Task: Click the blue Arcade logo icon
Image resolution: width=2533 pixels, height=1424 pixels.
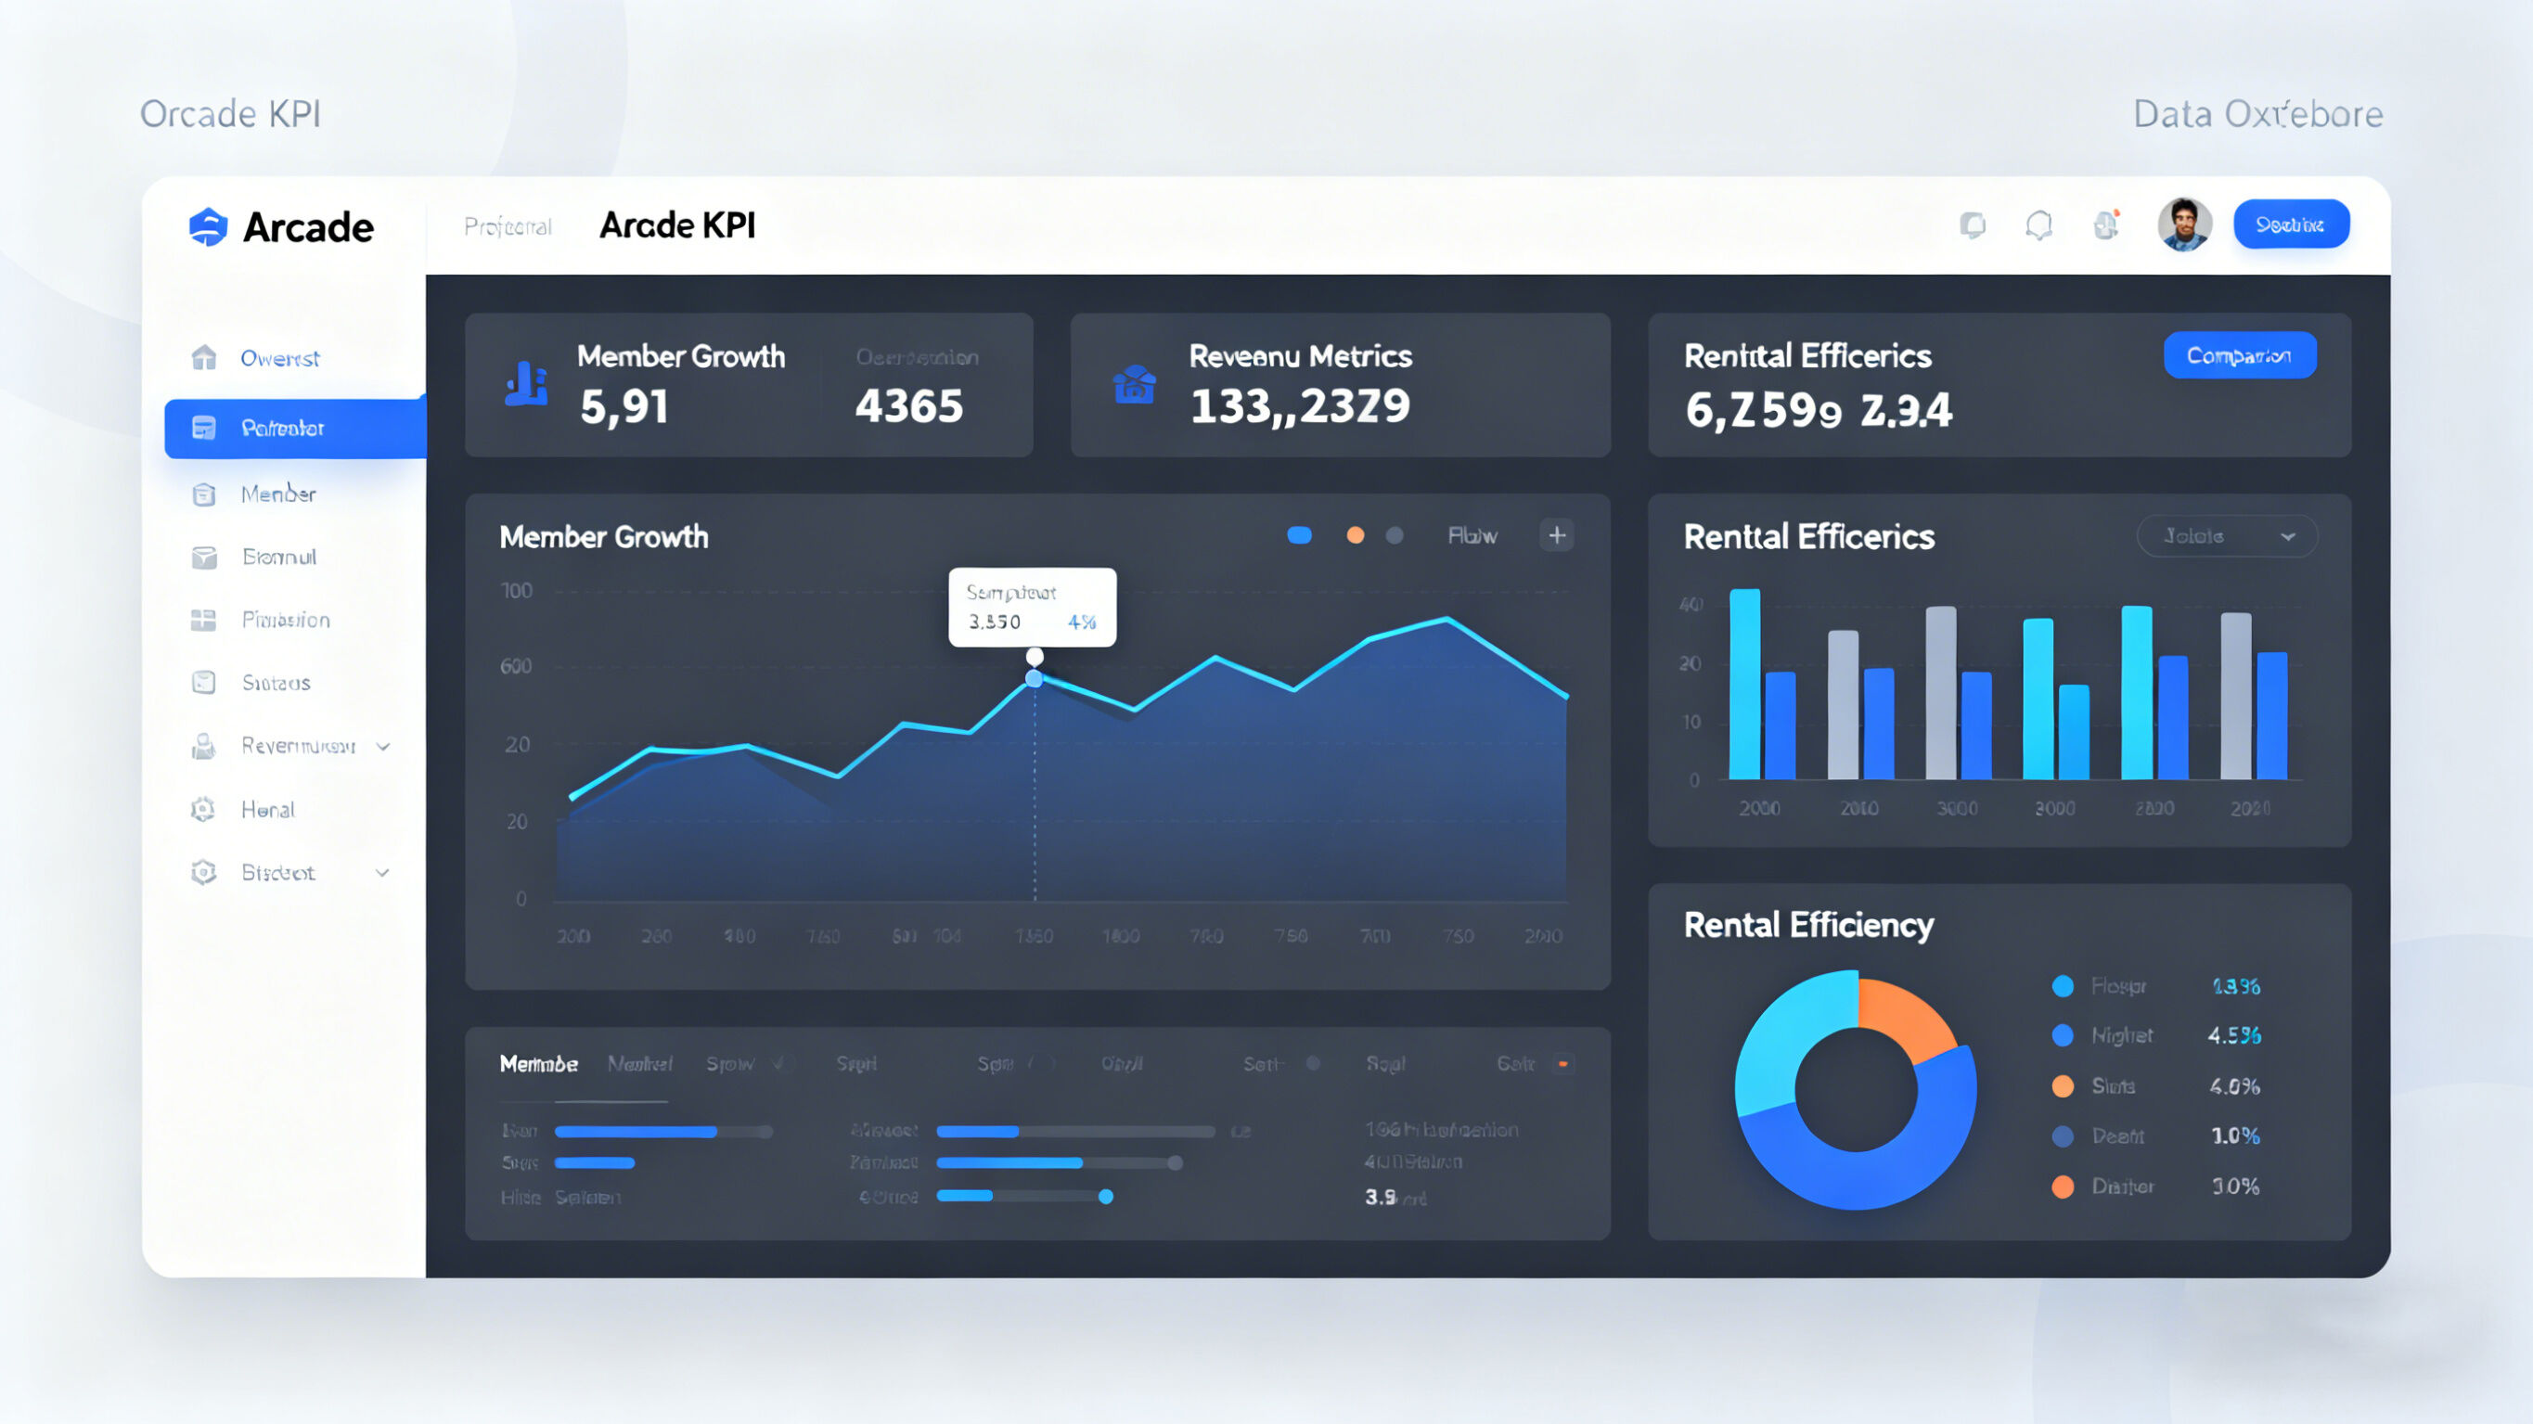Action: (x=208, y=227)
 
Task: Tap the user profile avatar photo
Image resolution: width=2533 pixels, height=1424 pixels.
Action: (x=2184, y=225)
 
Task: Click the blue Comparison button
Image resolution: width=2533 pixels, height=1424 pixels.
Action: (x=2239, y=356)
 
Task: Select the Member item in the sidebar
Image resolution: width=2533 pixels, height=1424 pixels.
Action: (x=278, y=494)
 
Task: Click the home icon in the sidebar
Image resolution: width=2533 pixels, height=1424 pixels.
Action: (x=203, y=358)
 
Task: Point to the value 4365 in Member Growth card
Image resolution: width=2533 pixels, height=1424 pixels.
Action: (x=908, y=406)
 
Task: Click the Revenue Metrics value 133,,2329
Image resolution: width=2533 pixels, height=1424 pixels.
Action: (x=1300, y=406)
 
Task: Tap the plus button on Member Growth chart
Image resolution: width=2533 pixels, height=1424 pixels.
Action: (x=1557, y=536)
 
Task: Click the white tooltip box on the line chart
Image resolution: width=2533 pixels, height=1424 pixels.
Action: (x=1032, y=607)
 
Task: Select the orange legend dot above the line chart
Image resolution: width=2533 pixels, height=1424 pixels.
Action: (x=1355, y=536)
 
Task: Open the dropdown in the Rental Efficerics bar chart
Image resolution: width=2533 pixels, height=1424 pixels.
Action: (x=2226, y=537)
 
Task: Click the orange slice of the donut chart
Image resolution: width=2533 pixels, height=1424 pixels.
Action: (x=1904, y=1018)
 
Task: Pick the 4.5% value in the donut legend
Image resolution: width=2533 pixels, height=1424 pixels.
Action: (x=2234, y=1035)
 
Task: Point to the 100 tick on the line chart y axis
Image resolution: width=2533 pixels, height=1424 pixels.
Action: (x=516, y=591)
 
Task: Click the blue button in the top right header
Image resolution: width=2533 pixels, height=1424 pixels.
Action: (x=2290, y=225)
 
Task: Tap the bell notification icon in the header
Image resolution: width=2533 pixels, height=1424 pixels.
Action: (x=2038, y=226)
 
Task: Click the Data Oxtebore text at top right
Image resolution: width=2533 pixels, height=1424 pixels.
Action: (x=2257, y=115)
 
